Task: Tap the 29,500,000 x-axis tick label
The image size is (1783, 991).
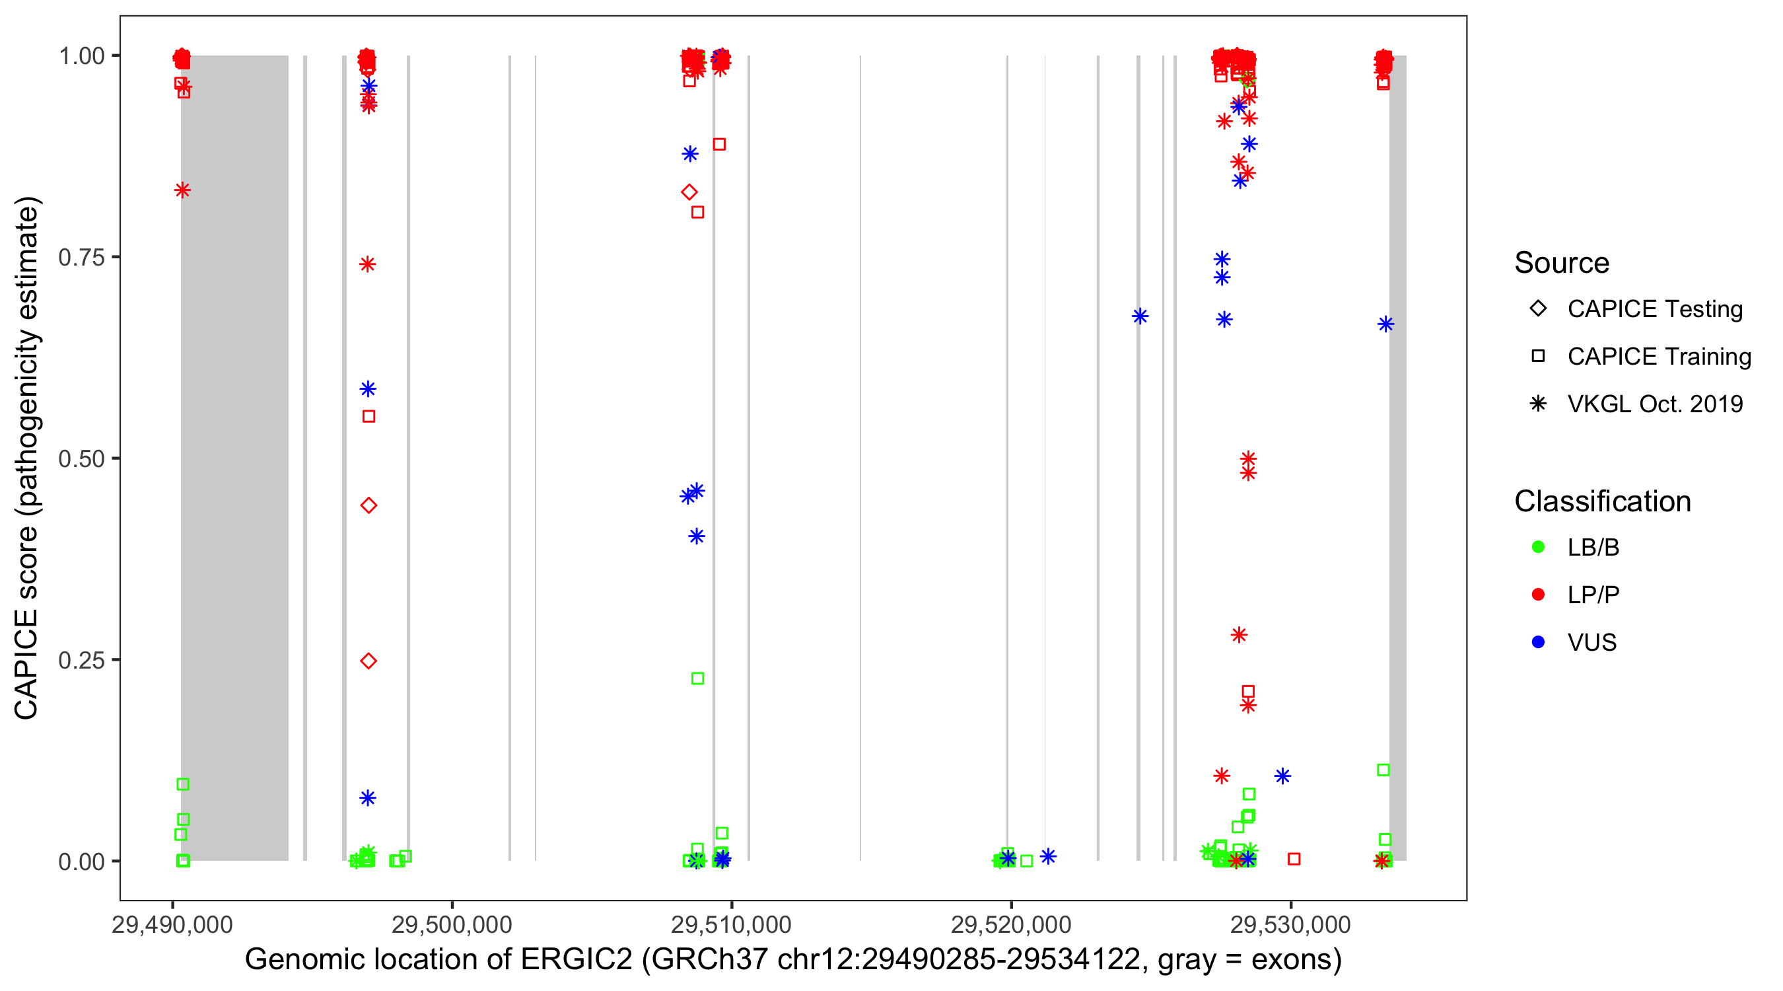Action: [x=451, y=924]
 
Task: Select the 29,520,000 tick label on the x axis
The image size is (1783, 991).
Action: [x=1010, y=924]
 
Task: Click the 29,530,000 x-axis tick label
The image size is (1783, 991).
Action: [x=1290, y=924]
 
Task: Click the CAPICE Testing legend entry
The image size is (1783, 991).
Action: [x=1654, y=309]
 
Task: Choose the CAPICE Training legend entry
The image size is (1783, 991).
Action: [x=1658, y=357]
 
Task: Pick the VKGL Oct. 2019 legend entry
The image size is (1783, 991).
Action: [x=1654, y=404]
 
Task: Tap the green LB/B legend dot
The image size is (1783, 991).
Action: [x=1538, y=547]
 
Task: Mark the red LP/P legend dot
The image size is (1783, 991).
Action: [x=1538, y=595]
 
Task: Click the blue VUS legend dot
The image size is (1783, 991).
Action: [x=1538, y=642]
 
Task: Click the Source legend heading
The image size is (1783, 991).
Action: [x=1562, y=263]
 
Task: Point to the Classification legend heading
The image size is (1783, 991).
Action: [x=1602, y=501]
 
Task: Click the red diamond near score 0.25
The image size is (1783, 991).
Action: [x=368, y=661]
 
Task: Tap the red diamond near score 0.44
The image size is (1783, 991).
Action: [x=368, y=505]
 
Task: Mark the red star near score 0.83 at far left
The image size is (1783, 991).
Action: [x=182, y=190]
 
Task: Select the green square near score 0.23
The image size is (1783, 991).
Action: [x=698, y=679]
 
